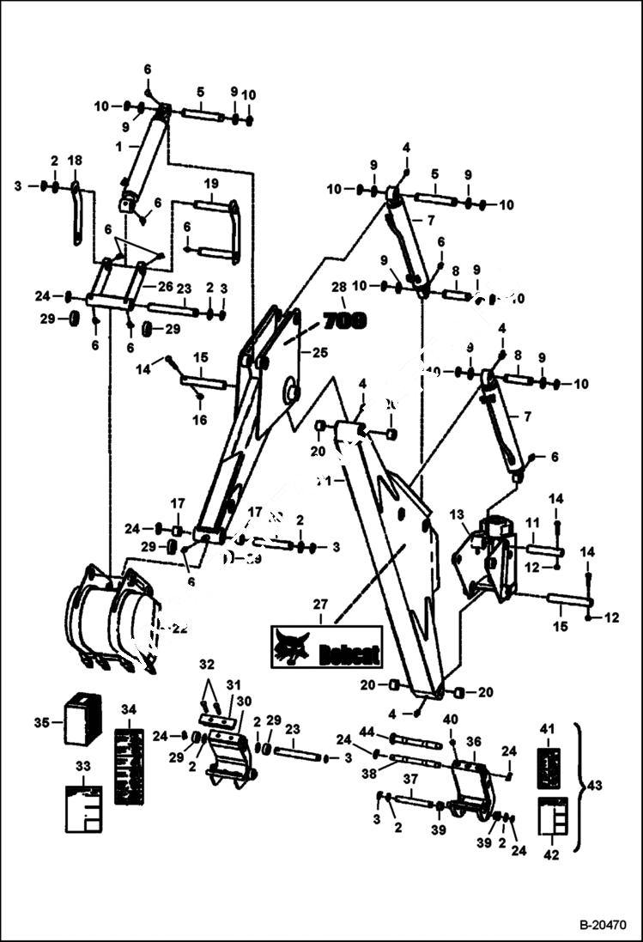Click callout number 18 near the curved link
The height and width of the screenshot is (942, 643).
[x=75, y=161]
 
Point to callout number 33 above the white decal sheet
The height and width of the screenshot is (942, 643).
[x=83, y=764]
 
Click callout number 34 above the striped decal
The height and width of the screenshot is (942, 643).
[x=129, y=709]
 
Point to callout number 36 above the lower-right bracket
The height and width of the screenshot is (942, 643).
[x=473, y=741]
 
